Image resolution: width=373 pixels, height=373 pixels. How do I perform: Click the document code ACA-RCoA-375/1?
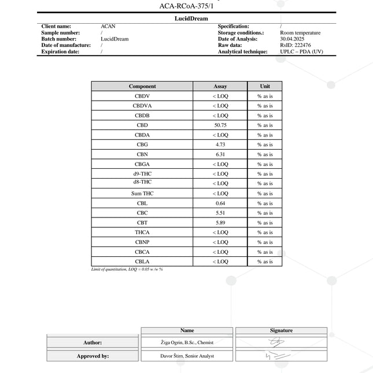(x=186, y=6)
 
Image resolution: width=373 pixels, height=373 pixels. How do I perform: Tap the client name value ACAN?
(x=108, y=27)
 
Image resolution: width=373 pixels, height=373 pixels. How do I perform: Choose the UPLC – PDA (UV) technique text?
(x=301, y=51)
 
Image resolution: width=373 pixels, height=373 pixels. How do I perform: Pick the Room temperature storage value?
(x=300, y=33)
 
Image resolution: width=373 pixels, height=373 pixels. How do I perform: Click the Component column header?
(x=142, y=86)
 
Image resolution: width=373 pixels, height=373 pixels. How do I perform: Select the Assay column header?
(x=220, y=86)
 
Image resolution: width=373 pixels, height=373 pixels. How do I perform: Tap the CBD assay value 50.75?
(x=220, y=125)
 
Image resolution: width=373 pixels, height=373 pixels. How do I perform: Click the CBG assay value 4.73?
(x=220, y=145)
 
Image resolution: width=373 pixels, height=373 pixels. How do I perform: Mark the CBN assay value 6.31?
(x=220, y=154)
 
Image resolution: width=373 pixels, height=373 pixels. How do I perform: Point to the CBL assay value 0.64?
(x=220, y=203)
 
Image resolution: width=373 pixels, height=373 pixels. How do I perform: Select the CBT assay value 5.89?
(x=220, y=223)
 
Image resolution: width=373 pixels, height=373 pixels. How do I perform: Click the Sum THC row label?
(x=142, y=194)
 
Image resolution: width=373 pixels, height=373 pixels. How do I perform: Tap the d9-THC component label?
(x=142, y=173)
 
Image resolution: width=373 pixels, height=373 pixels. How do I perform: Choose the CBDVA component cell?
(x=142, y=106)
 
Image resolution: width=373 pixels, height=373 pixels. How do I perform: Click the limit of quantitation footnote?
(x=127, y=269)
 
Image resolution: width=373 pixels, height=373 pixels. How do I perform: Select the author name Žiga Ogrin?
(x=187, y=343)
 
